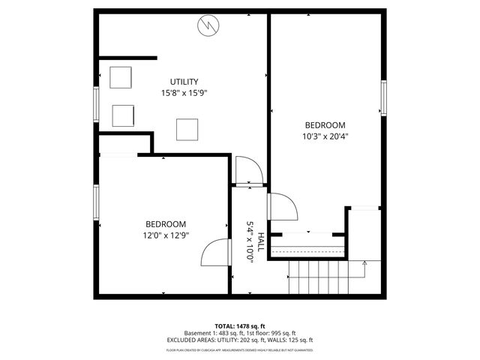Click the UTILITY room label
click(184, 82)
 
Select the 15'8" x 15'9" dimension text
click(184, 94)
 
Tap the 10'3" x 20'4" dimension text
click(325, 137)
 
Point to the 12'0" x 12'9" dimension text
click(166, 235)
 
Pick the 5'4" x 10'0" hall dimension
click(250, 241)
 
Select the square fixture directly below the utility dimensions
click(187, 130)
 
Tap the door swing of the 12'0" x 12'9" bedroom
click(214, 253)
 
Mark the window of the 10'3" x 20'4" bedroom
click(383, 97)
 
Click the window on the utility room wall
click(96, 104)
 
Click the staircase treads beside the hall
click(319, 277)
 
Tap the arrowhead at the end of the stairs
click(364, 262)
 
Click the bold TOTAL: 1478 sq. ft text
click(240, 326)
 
